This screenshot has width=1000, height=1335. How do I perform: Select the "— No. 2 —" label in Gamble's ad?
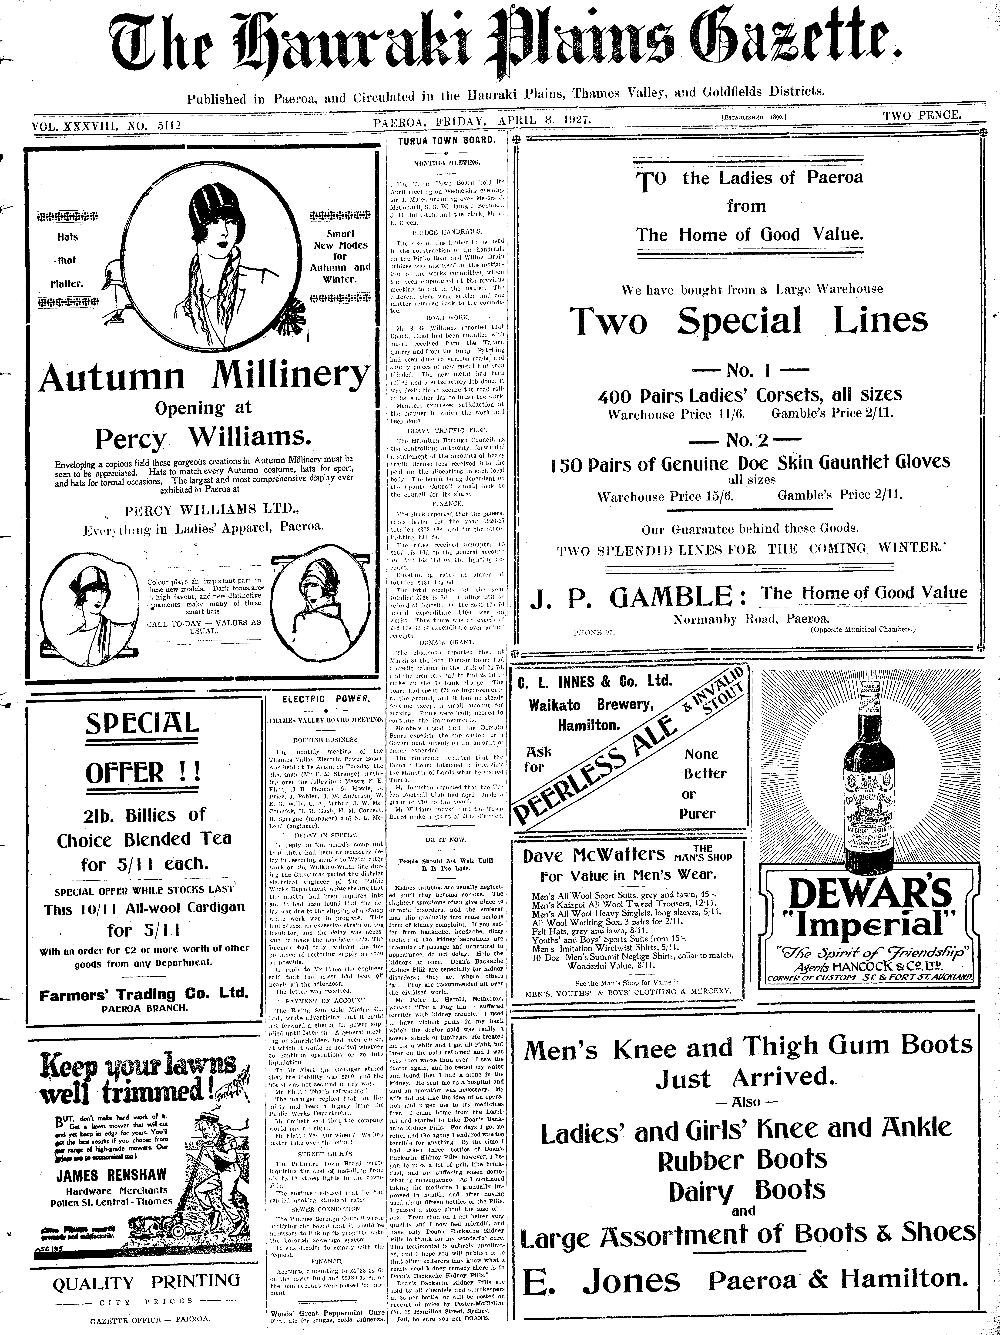747,441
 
